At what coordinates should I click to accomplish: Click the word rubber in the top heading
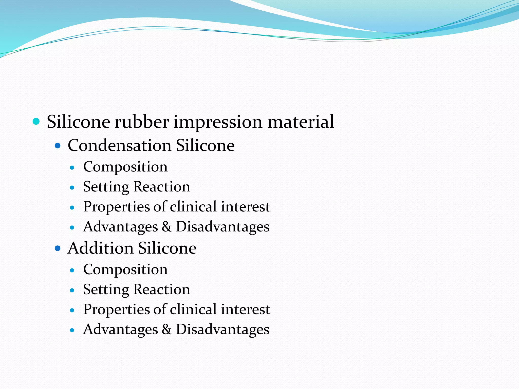(142, 122)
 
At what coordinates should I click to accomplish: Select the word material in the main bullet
(301, 122)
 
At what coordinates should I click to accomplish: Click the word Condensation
(119, 146)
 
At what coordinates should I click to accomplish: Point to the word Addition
(100, 248)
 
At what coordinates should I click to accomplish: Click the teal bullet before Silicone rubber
(36, 122)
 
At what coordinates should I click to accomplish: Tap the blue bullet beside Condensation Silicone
(58, 146)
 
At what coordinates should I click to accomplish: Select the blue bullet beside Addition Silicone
(58, 248)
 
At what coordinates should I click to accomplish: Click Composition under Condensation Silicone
(125, 167)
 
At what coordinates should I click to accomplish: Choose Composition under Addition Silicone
(125, 270)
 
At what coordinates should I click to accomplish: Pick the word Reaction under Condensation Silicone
(162, 187)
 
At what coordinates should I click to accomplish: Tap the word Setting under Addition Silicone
(106, 290)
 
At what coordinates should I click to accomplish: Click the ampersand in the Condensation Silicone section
(166, 227)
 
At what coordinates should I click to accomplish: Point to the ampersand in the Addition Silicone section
(166, 329)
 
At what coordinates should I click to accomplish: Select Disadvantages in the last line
(223, 329)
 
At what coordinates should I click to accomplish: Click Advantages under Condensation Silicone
(120, 227)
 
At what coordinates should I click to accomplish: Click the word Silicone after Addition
(167, 248)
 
